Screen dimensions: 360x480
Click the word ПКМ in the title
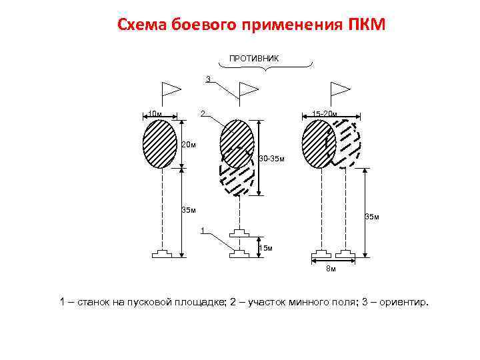[x=366, y=25]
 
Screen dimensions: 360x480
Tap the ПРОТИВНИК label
[x=255, y=58]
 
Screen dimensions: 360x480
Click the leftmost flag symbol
[x=171, y=90]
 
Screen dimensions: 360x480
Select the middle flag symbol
[x=247, y=90]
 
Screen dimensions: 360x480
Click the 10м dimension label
[x=155, y=114]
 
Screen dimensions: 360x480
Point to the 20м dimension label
[x=189, y=145]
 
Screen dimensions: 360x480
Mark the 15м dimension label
[x=265, y=248]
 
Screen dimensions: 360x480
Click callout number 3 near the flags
[x=208, y=79]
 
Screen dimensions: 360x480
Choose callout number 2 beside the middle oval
[x=203, y=112]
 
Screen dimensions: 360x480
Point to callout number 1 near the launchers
[x=202, y=231]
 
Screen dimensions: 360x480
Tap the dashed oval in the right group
[x=345, y=144]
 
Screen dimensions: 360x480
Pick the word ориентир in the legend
[x=405, y=303]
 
